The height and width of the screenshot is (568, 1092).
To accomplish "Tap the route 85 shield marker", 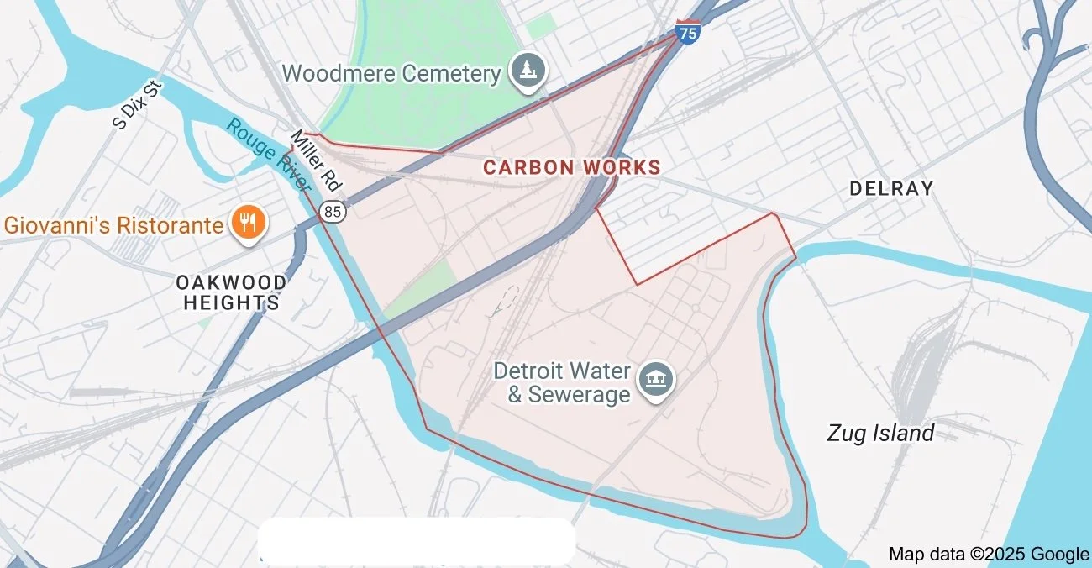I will [x=333, y=212].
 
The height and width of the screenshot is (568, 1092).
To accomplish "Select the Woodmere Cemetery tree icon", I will [x=528, y=72].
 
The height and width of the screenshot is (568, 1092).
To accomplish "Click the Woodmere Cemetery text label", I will [x=391, y=73].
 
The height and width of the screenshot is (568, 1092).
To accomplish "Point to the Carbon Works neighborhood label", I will [x=572, y=167].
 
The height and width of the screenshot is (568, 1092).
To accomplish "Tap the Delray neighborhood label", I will [x=891, y=189].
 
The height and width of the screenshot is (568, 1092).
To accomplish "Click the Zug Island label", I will [x=880, y=434].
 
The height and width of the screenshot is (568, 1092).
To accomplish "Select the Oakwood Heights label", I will [x=231, y=292].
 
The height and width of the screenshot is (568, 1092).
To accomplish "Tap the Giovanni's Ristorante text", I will [x=114, y=225].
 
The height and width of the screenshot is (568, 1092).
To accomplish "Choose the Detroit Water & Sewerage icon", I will [x=656, y=380].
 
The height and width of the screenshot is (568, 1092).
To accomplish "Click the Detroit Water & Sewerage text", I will [x=562, y=382].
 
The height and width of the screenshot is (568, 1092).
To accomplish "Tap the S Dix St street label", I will [x=137, y=105].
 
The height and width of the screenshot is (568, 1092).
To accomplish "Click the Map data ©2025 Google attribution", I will [x=989, y=554].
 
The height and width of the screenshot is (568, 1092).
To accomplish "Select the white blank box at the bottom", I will [x=417, y=541].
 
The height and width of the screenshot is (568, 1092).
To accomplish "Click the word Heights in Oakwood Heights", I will [x=231, y=303].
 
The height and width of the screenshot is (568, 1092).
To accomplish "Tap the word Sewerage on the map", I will [x=579, y=394].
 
